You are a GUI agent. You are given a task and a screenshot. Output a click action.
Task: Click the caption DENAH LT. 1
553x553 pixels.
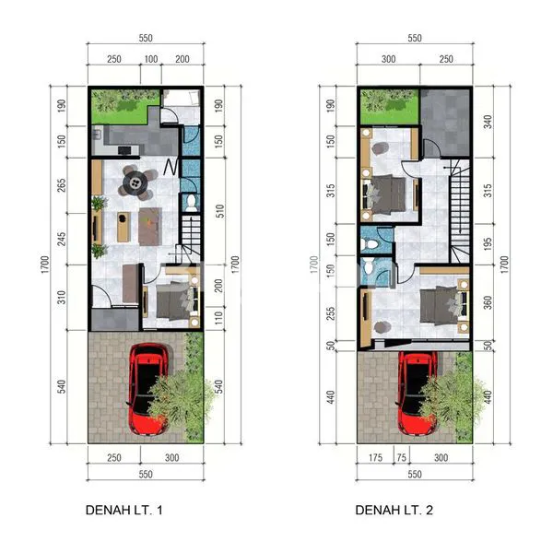[x=124, y=508]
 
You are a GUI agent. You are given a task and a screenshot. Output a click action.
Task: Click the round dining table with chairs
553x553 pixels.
[x=136, y=182]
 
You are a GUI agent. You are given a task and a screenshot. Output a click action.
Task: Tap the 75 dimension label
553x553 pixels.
[x=401, y=458]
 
